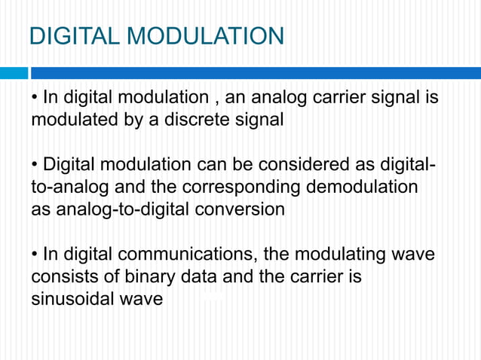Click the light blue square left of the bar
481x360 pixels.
13,73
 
